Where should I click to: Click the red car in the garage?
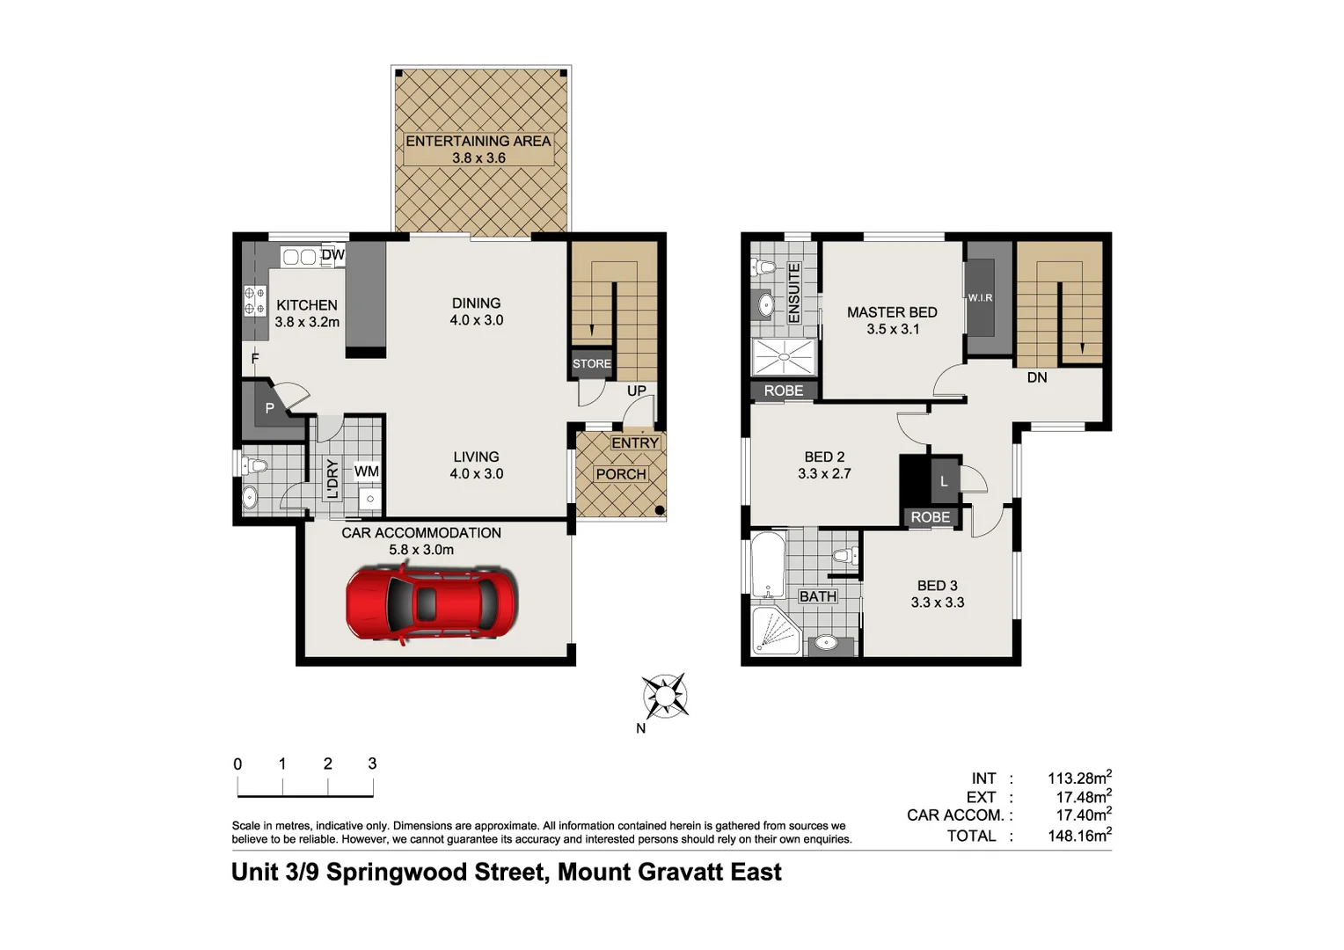(x=431, y=603)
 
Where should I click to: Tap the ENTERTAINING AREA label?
(x=478, y=142)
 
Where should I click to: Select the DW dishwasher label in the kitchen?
(x=332, y=255)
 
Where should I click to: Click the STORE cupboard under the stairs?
(x=591, y=363)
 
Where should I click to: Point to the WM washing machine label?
(x=367, y=471)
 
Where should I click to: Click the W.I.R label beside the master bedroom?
(x=980, y=298)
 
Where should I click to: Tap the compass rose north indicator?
(x=664, y=697)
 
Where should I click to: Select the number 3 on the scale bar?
(x=372, y=764)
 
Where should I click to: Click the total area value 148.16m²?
(x=1078, y=836)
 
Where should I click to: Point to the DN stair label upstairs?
(x=1037, y=377)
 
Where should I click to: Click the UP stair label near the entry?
(x=636, y=391)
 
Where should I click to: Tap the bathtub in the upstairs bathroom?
(x=768, y=564)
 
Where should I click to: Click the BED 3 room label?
(x=937, y=586)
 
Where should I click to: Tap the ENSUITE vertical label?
(x=794, y=293)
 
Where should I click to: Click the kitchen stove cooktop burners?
(x=254, y=301)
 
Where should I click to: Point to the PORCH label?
(x=621, y=474)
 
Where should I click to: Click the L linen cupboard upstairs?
(x=944, y=481)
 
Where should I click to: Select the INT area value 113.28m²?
(x=1078, y=778)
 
